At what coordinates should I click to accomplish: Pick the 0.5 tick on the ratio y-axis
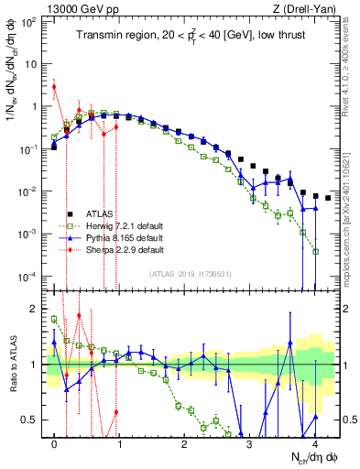click(x=33, y=420)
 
